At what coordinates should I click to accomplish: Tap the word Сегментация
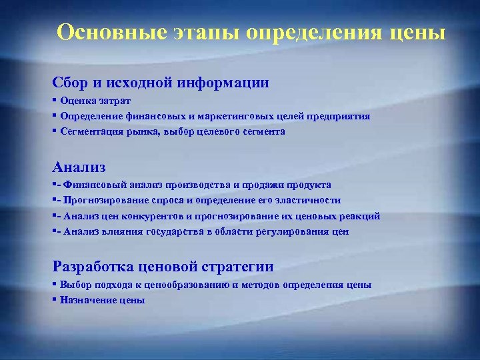pyautogui.click(x=90, y=131)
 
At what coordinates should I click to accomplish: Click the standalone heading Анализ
pyautogui.click(x=79, y=167)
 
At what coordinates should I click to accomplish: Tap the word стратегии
pyautogui.click(x=240, y=267)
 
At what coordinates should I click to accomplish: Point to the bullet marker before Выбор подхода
pyautogui.click(x=54, y=285)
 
